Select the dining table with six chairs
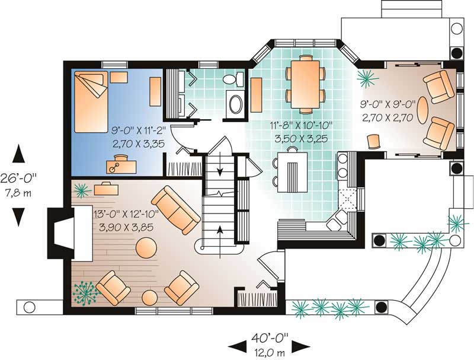point(305,83)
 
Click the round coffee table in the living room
point(146,247)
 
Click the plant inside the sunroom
point(366,77)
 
